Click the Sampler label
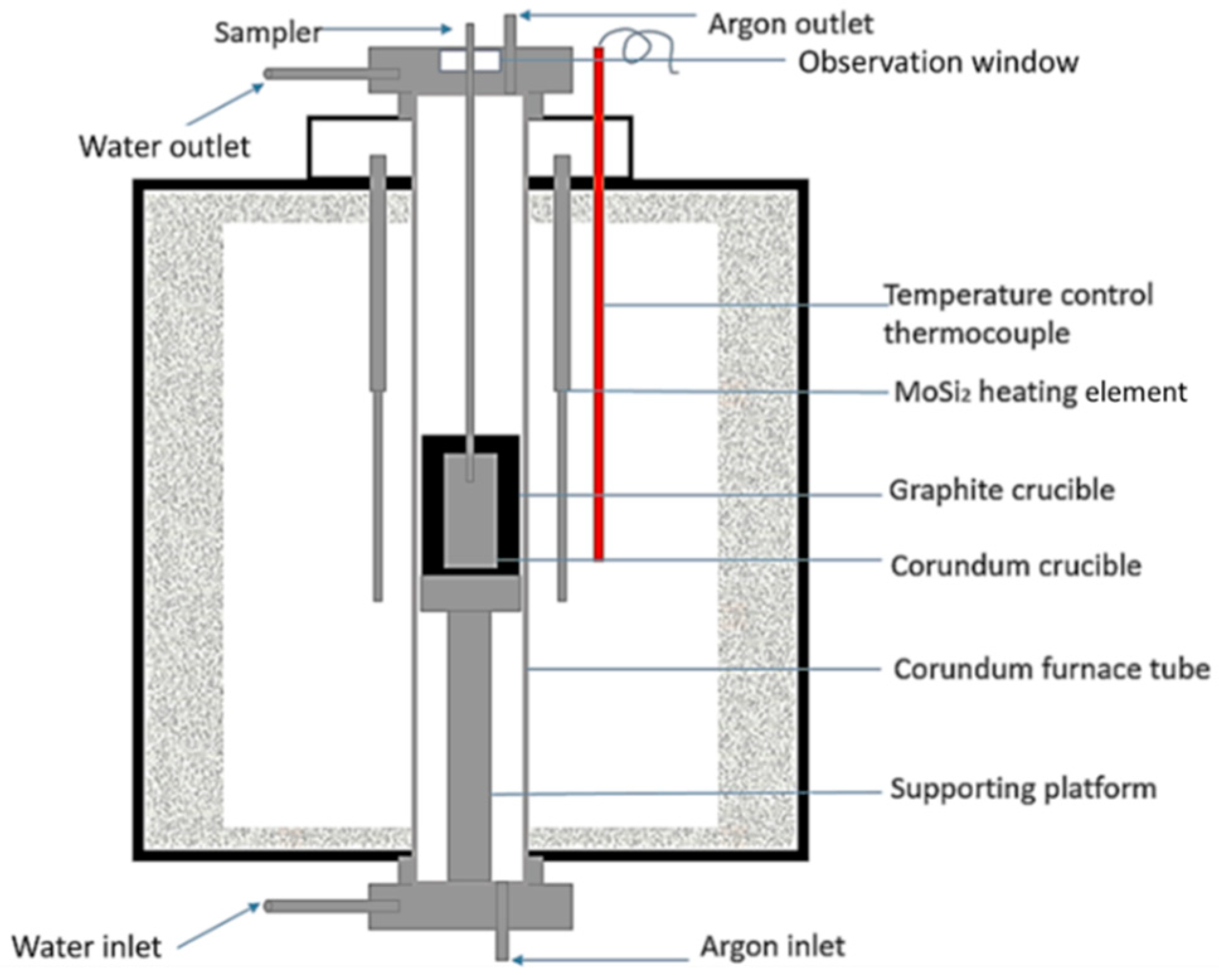coord(268,33)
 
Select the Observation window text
coord(938,63)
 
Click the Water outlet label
coord(164,147)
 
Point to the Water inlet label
coord(86,947)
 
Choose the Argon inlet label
coord(772,946)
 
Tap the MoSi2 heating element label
coord(1040,392)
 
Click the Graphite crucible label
coord(1001,490)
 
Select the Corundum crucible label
coord(1015,566)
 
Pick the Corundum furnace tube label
coord(1051,669)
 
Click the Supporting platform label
coord(1023,789)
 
